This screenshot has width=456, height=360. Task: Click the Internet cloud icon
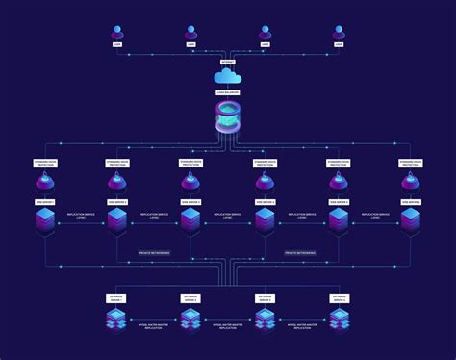pyautogui.click(x=228, y=75)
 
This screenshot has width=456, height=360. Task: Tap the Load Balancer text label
pyautogui.click(x=228, y=92)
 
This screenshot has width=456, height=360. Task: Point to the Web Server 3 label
pyautogui.click(x=190, y=202)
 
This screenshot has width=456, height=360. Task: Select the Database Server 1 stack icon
pyautogui.click(x=116, y=320)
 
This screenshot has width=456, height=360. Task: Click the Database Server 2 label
pyautogui.click(x=190, y=299)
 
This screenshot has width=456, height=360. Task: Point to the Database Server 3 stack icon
pyautogui.click(x=265, y=320)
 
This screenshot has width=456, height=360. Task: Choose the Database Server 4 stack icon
pyautogui.click(x=338, y=320)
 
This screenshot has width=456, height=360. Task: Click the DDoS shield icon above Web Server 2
pyautogui.click(x=116, y=182)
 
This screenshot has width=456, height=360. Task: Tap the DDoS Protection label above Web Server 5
pyautogui.click(x=338, y=163)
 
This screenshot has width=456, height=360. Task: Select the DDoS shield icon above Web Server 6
pyautogui.click(x=411, y=182)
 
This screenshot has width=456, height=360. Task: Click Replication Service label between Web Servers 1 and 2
pyautogui.click(x=80, y=217)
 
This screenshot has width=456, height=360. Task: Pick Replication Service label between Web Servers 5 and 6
pyautogui.click(x=374, y=217)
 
